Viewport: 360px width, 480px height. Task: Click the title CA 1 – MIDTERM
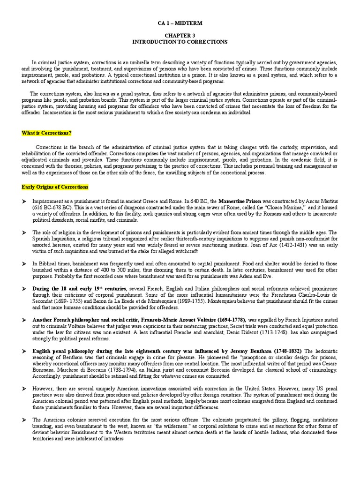pyautogui.click(x=180, y=23)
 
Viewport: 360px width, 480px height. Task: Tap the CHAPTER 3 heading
pyautogui.click(x=180, y=36)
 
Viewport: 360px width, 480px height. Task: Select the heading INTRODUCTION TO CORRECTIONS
pyautogui.click(x=180, y=42)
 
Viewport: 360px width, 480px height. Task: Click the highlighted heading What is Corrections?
pyautogui.click(x=46, y=133)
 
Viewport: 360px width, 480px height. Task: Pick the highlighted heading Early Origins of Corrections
pyautogui.click(x=55, y=187)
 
